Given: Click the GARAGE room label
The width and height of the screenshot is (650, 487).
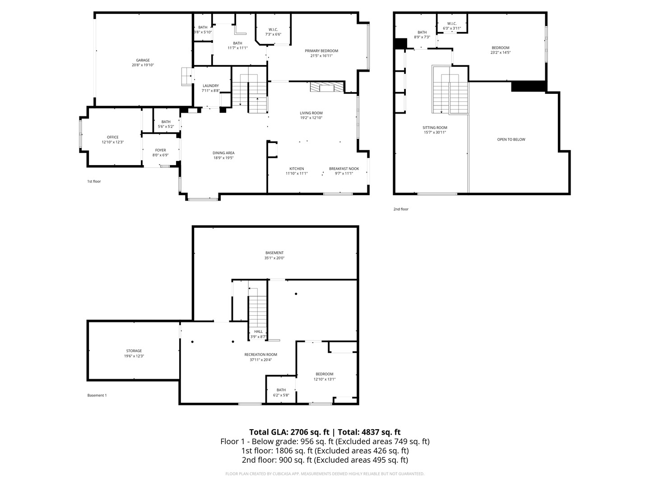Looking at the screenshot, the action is (x=143, y=60).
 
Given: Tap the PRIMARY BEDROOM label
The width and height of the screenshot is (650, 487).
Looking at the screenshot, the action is (x=321, y=51).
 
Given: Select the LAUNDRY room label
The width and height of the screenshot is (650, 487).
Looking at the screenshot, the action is (x=210, y=86).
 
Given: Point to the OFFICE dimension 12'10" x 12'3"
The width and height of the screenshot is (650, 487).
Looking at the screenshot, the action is (x=112, y=142).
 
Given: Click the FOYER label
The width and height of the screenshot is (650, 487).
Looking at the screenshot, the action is (x=161, y=150).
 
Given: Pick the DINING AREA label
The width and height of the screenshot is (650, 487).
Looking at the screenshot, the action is (x=223, y=153).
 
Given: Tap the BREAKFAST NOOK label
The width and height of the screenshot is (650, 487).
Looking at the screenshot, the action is (x=344, y=169).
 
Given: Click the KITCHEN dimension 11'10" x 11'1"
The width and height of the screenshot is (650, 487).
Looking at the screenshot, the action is (x=297, y=174).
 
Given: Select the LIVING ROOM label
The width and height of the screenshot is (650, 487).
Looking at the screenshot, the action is (x=311, y=113).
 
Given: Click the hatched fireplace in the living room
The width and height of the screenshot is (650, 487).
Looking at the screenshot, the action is (x=327, y=87).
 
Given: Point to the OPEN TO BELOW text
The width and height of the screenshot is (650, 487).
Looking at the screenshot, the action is (x=511, y=140).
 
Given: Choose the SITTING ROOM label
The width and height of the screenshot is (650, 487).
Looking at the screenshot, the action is (x=435, y=128).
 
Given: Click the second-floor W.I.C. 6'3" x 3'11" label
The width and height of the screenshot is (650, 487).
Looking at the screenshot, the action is (x=451, y=26).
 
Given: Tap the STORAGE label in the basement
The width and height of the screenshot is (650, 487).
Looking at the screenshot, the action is (x=134, y=351).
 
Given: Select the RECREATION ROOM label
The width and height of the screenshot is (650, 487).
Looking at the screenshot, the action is (x=260, y=354).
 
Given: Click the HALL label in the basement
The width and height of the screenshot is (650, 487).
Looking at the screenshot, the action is (x=258, y=332).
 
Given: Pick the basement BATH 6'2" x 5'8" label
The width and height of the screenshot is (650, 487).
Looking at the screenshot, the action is (x=281, y=392).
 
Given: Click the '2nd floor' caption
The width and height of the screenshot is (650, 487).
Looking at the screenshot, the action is (x=401, y=209).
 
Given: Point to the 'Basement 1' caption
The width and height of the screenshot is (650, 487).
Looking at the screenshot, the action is (x=97, y=395).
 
